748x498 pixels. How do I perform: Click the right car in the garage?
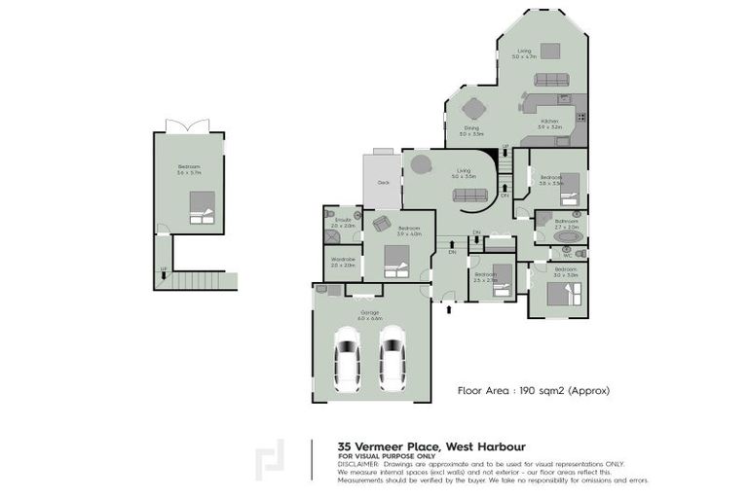[392, 356]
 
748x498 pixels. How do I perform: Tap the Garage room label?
[369, 313]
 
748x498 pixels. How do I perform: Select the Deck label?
[383, 181]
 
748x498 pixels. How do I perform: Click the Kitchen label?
[550, 122]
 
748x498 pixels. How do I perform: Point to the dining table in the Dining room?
[473, 107]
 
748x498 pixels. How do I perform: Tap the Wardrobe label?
[343, 260]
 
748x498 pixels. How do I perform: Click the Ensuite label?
[342, 221]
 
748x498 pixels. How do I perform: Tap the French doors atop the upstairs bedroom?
[187, 126]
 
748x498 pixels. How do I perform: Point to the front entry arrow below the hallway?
[448, 309]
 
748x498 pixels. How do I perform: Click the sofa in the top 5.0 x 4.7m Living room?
[552, 81]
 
